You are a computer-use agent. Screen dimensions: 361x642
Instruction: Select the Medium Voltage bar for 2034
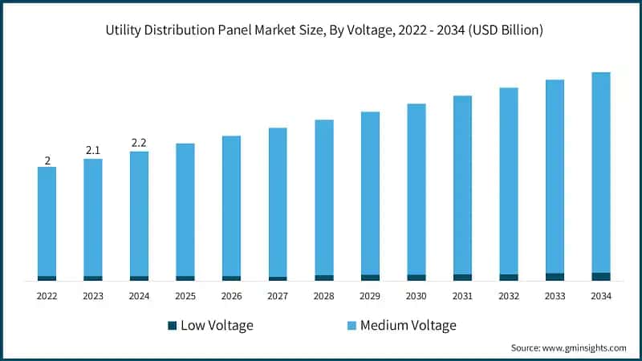point(601,172)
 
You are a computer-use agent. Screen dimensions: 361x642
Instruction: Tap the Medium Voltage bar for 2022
point(47,221)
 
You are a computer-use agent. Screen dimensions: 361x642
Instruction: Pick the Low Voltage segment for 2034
point(601,277)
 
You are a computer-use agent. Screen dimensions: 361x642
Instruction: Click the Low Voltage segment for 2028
point(324,278)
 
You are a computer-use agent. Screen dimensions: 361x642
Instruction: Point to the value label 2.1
point(93,150)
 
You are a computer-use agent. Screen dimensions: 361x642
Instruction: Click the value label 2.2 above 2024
point(139,143)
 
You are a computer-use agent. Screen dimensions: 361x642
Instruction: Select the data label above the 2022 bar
point(47,160)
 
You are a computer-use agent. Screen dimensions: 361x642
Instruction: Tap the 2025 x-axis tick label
point(185,296)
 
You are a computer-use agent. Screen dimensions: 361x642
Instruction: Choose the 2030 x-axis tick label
point(416,296)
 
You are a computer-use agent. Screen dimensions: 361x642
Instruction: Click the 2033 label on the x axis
point(555,296)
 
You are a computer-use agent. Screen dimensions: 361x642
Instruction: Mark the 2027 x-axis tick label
point(278,296)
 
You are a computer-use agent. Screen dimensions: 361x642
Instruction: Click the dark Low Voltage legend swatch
point(172,326)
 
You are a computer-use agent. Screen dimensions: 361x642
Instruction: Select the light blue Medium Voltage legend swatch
point(351,326)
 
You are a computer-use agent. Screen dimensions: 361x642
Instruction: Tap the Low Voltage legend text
point(217,325)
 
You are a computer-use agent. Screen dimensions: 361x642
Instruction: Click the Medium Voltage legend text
point(408,325)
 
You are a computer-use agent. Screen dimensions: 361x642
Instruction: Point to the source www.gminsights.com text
point(568,348)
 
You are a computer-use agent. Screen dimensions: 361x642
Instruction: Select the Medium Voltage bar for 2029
point(370,193)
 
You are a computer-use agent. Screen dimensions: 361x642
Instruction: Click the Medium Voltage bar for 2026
point(232,205)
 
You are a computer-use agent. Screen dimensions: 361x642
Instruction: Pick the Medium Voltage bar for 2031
point(462,185)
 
